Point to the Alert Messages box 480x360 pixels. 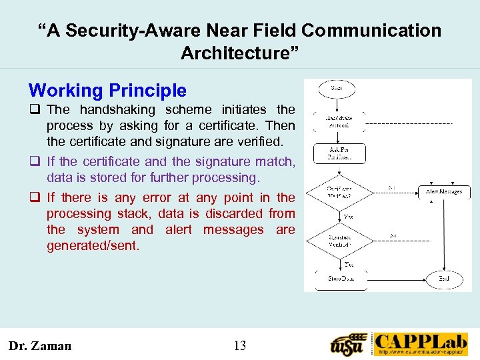443,192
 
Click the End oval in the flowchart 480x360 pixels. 444,278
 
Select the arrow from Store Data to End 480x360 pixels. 393,278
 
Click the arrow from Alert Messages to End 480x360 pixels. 444,233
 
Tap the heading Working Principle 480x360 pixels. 107,91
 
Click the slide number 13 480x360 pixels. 240,345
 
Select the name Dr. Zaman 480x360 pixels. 39,345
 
